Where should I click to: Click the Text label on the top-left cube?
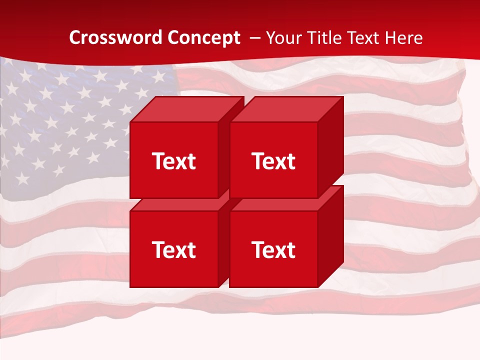(x=173, y=161)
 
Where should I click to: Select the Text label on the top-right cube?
(x=273, y=161)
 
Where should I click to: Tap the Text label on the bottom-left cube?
(x=173, y=249)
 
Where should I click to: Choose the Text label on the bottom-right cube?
(x=273, y=249)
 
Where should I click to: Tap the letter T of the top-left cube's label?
(x=158, y=161)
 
